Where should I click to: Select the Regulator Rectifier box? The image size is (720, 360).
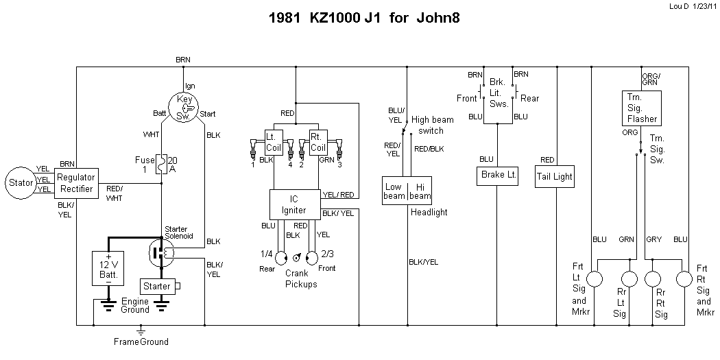tap(75, 183)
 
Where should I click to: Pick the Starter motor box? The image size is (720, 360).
tap(156, 285)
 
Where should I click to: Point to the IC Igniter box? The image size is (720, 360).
tap(294, 205)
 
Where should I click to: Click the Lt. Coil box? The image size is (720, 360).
tap(274, 142)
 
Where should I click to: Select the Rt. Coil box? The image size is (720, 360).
tap(318, 142)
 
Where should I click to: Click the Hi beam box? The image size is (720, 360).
tap(420, 191)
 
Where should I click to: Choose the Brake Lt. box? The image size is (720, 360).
tap(496, 176)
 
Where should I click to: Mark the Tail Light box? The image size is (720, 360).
tap(554, 176)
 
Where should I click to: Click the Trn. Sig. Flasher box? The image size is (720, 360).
tap(642, 108)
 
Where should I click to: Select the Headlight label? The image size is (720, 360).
tap(429, 213)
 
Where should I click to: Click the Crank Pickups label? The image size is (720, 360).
tap(301, 278)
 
